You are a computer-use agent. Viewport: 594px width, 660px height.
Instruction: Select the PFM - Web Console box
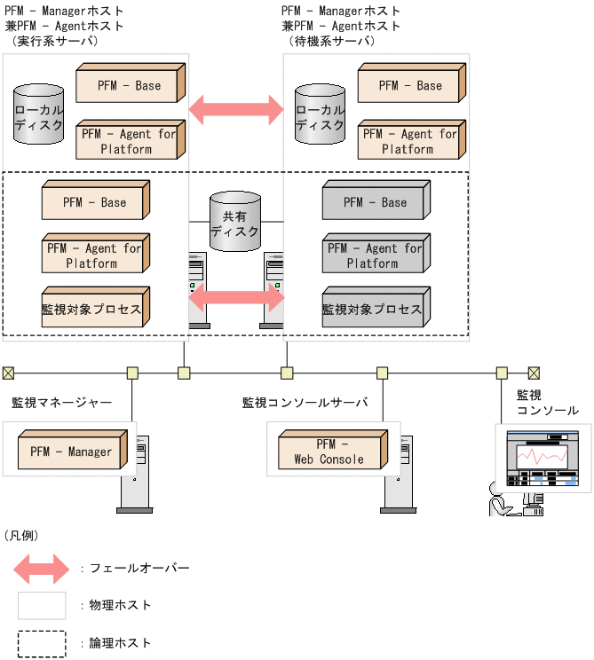point(330,452)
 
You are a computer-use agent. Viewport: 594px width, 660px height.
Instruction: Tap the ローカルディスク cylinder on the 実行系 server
point(39,115)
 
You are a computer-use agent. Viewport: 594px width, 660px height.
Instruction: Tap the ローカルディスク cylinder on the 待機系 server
point(320,115)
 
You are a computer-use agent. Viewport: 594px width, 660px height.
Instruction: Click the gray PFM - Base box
point(376,202)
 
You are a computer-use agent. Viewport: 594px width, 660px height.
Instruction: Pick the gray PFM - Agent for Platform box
point(376,256)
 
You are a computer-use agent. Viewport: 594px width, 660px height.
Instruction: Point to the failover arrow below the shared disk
point(236,297)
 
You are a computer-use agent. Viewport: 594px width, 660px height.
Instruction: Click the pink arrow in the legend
point(42,568)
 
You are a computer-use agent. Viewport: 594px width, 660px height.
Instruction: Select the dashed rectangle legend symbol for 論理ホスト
point(42,643)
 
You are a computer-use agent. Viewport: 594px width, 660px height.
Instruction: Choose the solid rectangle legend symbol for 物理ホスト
point(42,606)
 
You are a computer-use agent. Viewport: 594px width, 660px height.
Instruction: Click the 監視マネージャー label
point(61,403)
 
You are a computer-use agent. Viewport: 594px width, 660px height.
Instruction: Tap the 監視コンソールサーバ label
point(305,403)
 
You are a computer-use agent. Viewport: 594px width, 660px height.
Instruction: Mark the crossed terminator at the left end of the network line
point(8,373)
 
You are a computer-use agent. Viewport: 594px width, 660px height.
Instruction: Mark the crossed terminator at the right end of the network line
point(534,373)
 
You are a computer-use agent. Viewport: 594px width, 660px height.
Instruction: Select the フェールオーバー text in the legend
point(139,568)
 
